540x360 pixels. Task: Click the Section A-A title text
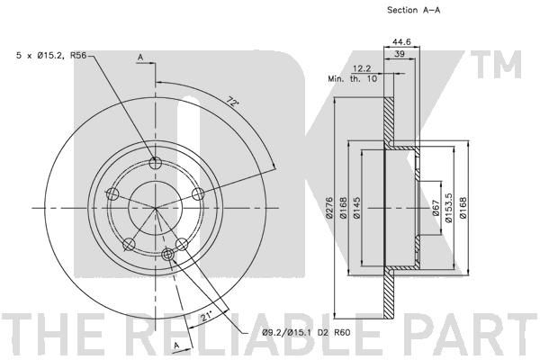point(414,10)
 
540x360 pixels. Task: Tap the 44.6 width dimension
point(402,41)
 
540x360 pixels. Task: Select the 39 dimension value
point(399,54)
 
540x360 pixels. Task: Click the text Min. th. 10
point(352,79)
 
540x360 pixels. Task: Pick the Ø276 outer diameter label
point(328,207)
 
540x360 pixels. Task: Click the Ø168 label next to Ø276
point(343,207)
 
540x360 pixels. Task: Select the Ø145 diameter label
point(356,207)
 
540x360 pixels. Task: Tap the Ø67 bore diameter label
point(436,208)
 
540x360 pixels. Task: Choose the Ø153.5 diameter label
point(449,208)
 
